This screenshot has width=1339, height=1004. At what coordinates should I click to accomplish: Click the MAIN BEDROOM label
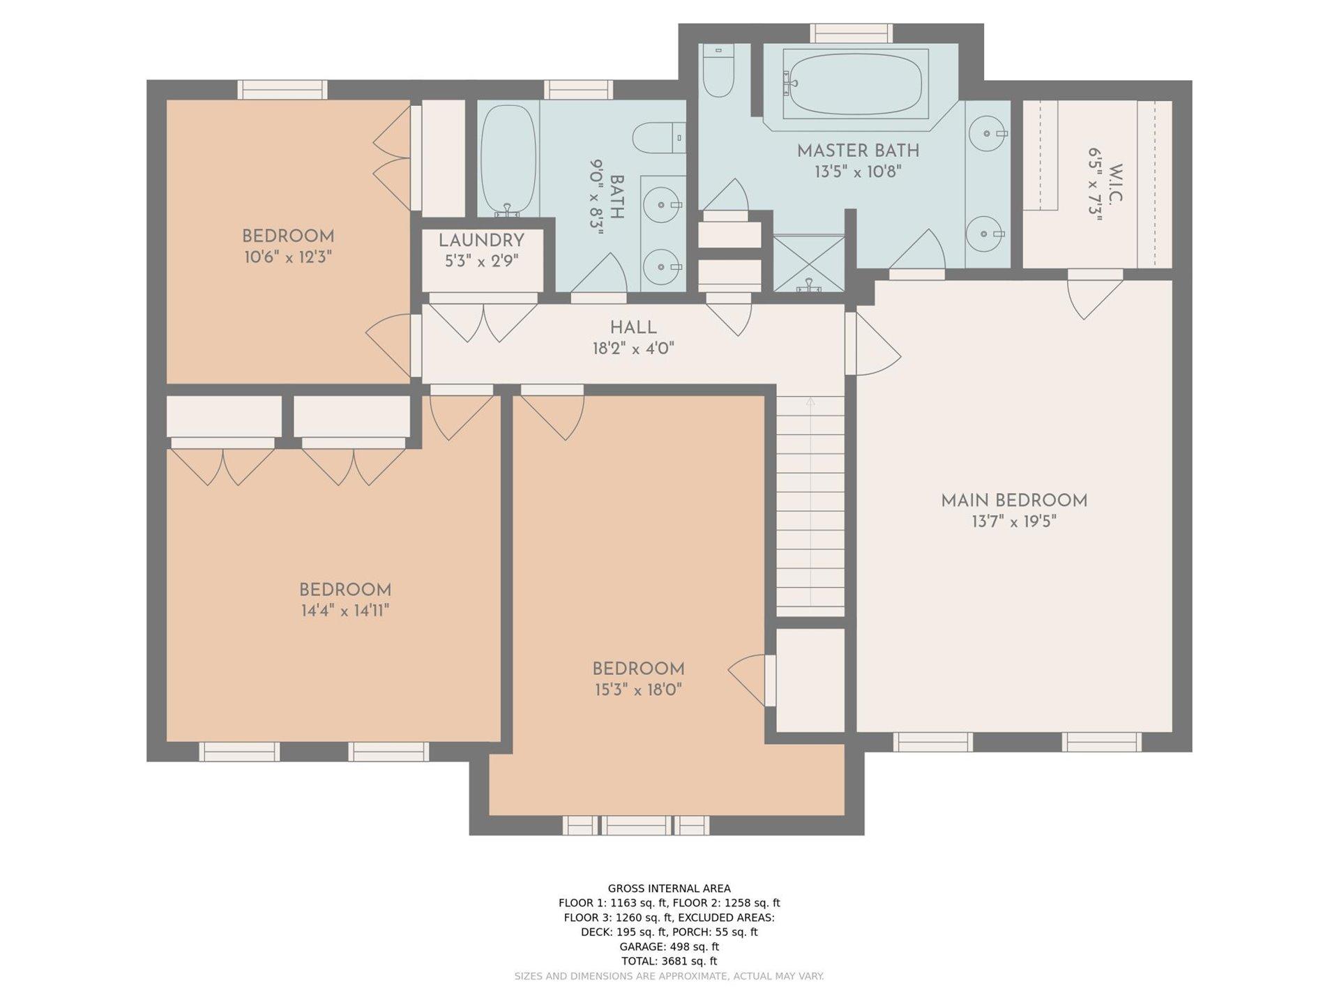pos(1014,501)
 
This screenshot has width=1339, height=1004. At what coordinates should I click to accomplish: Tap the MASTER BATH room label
pos(858,151)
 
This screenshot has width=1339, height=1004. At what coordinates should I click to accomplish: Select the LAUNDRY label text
pos(481,241)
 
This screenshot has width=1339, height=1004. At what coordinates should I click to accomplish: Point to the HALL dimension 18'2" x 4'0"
pos(633,349)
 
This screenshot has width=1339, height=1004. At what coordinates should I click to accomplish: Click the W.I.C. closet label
pos(1115,184)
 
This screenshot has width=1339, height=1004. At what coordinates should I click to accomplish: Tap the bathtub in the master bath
pos(856,83)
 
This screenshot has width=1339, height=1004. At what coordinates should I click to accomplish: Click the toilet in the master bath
pos(718,70)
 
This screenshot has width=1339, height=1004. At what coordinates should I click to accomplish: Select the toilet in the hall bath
pos(659,137)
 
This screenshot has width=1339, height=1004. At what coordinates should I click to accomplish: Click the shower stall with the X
pos(809,263)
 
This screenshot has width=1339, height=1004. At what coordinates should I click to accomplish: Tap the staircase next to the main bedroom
pos(810,506)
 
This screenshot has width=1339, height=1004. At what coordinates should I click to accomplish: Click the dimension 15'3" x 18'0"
pos(637,690)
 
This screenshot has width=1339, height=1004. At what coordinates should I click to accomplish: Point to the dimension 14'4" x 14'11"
pos(345,611)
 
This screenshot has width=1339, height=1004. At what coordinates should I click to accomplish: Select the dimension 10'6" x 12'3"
pos(287,257)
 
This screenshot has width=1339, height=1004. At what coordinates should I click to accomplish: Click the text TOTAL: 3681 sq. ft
pos(669,961)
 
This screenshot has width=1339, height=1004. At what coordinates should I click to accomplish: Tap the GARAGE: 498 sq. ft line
pos(669,946)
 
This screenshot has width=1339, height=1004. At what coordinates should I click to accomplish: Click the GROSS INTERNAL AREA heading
pos(669,888)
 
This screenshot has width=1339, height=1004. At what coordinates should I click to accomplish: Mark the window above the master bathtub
pos(852,33)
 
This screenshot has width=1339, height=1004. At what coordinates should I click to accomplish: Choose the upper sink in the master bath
pos(988,133)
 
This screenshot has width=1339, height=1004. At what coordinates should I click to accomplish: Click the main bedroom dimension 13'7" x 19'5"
pos(1014,522)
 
